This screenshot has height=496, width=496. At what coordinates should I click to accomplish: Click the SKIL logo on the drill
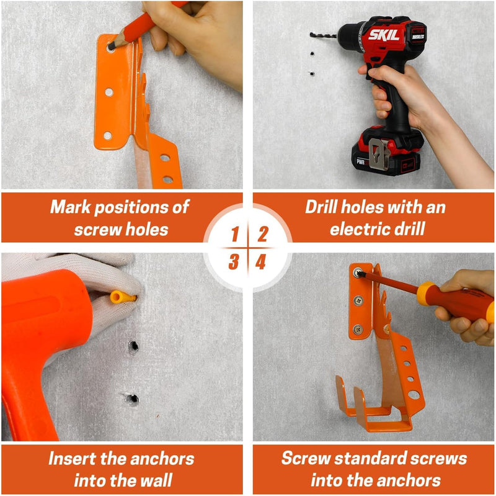(x=384, y=35)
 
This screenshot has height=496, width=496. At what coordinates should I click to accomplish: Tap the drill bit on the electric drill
(x=323, y=35)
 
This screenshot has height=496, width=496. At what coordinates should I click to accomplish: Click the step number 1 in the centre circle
(x=235, y=235)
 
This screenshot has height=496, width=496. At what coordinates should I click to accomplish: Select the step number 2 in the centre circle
(x=262, y=235)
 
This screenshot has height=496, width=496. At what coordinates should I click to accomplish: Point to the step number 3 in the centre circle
(x=234, y=262)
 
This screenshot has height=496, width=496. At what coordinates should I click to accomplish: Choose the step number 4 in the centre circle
(x=260, y=262)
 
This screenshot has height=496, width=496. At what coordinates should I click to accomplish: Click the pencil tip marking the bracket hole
(x=112, y=47)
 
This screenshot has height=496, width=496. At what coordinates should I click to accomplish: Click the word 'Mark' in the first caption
(x=71, y=207)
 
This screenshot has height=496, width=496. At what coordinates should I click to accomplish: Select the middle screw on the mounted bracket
(x=358, y=300)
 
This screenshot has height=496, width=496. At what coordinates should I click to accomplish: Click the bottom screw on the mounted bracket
(x=358, y=330)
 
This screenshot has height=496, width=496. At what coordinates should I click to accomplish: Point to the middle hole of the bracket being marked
(x=109, y=92)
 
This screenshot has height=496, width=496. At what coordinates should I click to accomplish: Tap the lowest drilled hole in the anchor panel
(x=133, y=399)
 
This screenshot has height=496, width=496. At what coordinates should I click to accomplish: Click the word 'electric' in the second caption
(x=355, y=229)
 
